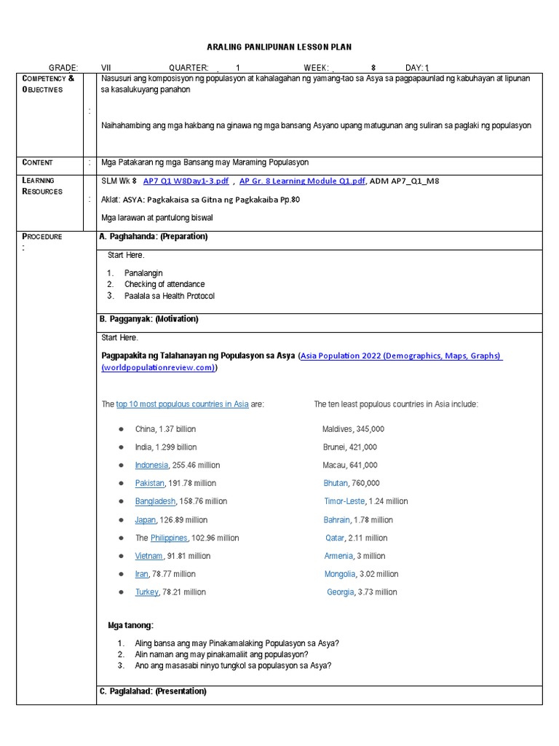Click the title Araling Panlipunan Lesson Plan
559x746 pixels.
279,47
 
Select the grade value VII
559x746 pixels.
107,67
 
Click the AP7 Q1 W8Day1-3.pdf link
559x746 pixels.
186,181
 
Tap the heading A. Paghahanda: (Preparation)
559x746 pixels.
154,237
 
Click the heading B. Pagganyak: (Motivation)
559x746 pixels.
149,319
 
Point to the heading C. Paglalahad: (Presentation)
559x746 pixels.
154,691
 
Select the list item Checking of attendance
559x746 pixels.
164,284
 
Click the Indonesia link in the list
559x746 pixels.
151,465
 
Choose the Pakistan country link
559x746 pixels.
149,483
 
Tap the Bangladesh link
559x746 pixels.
155,501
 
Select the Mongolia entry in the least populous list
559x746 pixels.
340,574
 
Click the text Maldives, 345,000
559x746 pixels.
353,429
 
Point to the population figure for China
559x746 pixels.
176,429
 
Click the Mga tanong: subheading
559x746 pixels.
130,625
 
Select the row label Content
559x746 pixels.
37,162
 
